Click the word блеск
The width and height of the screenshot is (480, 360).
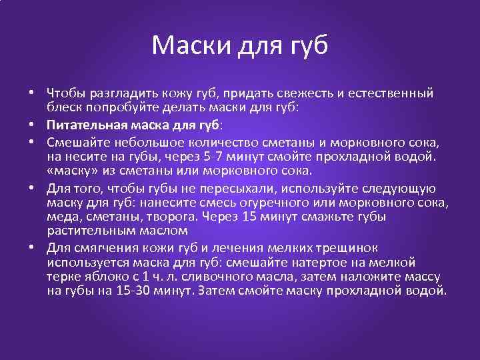tap(64, 107)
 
